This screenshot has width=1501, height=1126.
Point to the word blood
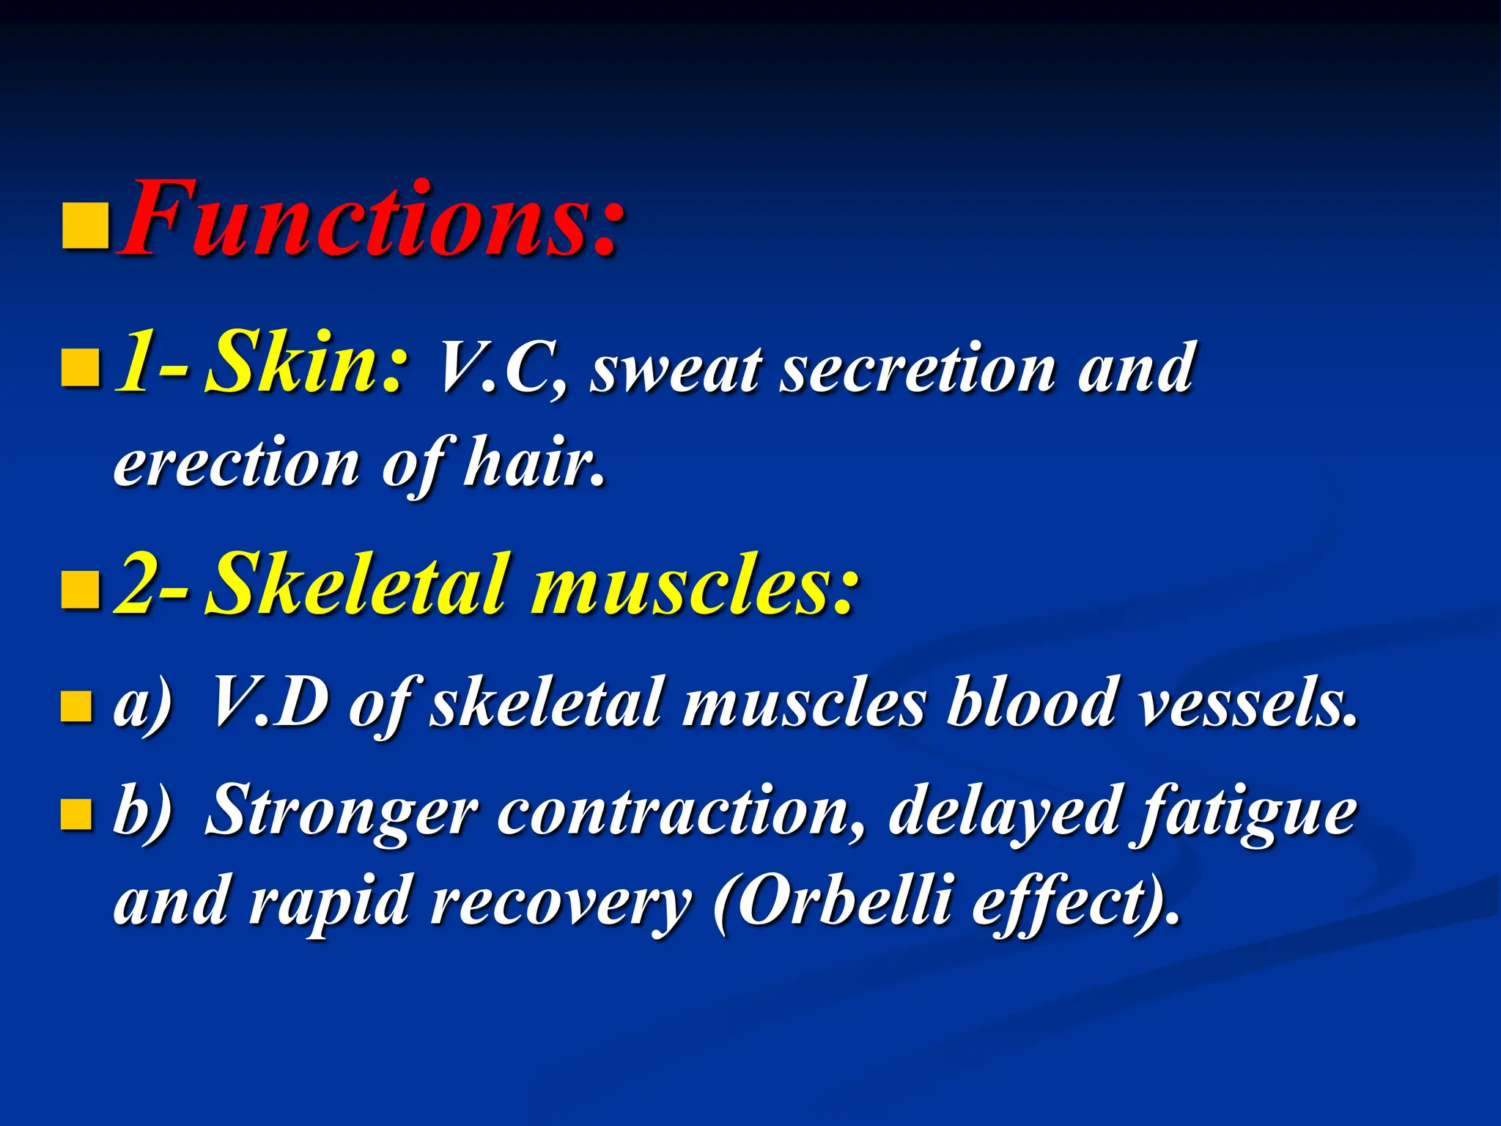coord(1030,702)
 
